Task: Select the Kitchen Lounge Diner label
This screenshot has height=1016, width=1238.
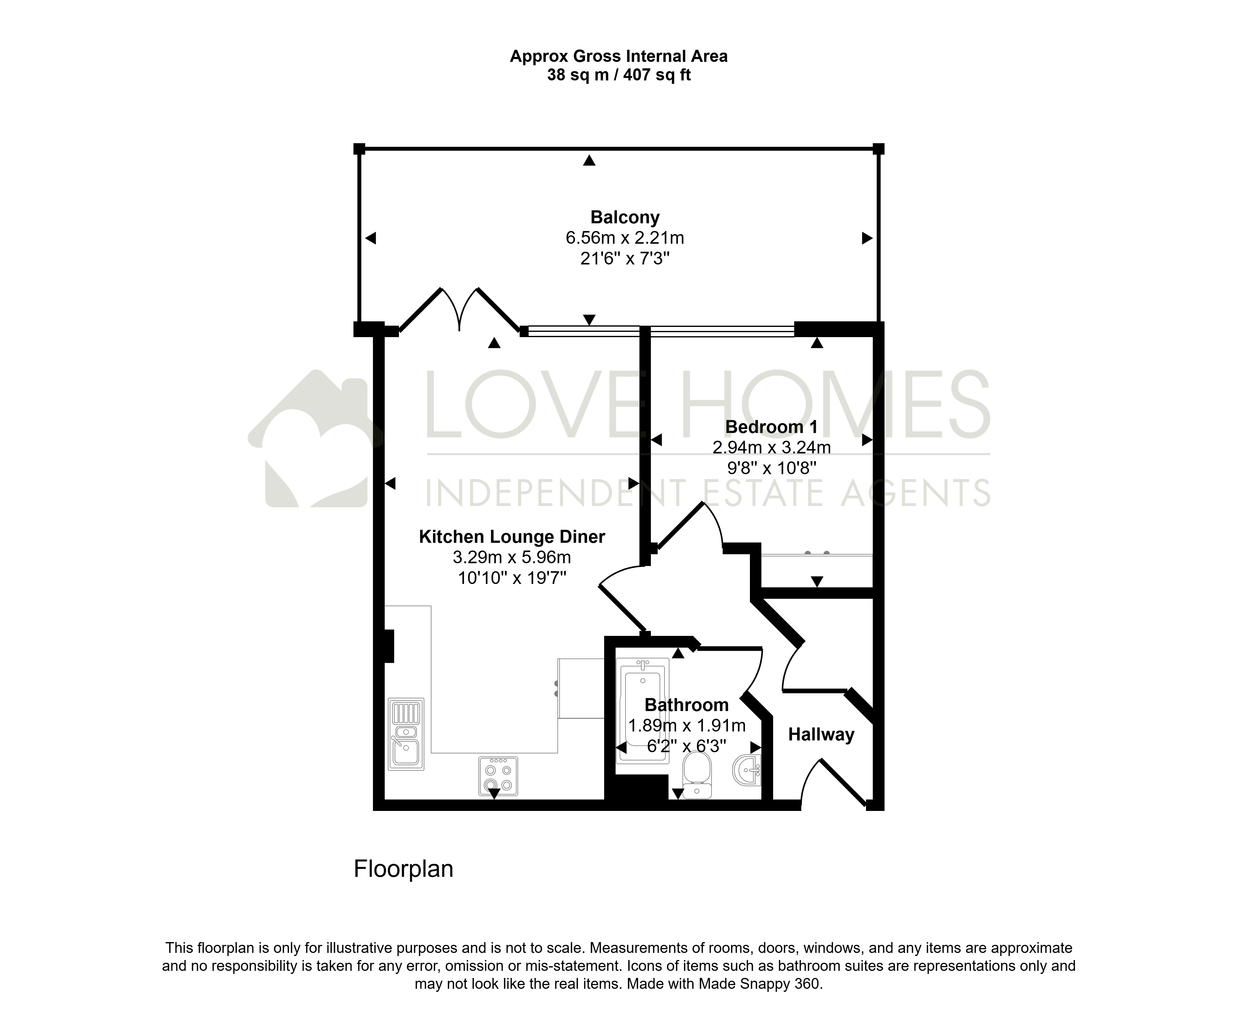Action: [x=512, y=537]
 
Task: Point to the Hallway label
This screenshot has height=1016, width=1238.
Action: [x=821, y=735]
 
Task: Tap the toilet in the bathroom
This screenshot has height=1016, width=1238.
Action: [x=697, y=774]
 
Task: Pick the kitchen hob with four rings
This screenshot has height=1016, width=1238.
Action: [x=498, y=776]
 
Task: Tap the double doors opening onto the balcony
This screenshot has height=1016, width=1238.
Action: [x=460, y=312]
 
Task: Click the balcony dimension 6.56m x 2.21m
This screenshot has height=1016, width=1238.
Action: [x=625, y=238]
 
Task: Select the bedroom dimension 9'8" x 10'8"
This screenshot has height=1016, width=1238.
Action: [x=771, y=468]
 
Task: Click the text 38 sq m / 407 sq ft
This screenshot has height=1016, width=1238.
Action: [x=619, y=75]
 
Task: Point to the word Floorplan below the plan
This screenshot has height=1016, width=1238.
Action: [x=404, y=869]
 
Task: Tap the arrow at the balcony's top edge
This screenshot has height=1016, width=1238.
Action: [x=589, y=160]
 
